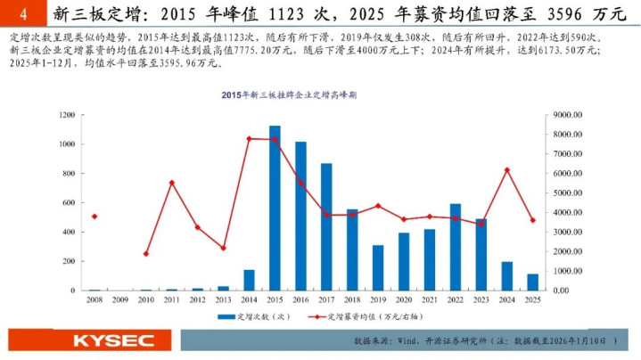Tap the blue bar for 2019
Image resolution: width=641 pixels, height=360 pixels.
(378, 267)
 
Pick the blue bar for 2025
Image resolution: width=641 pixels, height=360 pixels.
(533, 282)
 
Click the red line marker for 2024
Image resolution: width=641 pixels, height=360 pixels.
(507, 170)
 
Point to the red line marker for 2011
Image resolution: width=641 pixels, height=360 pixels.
(171, 183)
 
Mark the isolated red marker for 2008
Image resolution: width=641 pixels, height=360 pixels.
(94, 217)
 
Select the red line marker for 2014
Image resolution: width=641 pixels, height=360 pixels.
(249, 139)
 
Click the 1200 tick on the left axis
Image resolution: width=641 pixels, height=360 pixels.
(66, 115)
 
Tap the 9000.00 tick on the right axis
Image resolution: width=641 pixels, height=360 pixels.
(566, 115)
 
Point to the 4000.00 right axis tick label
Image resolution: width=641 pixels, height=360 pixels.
(566, 212)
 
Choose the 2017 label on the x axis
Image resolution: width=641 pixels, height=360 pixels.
(326, 299)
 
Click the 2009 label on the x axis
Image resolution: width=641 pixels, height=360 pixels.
(119, 299)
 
